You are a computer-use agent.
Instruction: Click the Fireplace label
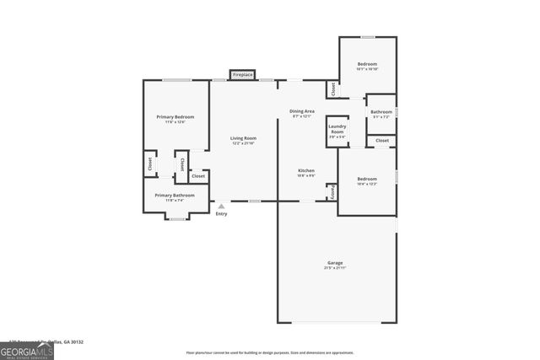point(243,75)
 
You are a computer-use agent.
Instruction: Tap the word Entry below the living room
point(221,214)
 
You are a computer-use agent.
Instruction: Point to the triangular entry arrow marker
point(221,206)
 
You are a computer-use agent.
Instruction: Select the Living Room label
point(244,138)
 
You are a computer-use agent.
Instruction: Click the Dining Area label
point(302,111)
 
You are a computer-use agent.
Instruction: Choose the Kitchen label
point(305,171)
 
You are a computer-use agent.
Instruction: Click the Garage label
point(335,263)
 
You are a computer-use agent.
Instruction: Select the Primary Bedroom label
point(175,116)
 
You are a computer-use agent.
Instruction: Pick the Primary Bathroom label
point(175,195)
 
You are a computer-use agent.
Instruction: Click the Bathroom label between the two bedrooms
point(381,111)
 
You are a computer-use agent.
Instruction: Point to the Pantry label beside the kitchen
point(333,192)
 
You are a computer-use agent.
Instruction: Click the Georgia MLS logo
point(27,348)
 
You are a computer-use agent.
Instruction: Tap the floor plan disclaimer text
point(269,352)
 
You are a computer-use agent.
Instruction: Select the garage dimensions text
point(335,268)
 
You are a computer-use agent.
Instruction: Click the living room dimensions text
point(244,143)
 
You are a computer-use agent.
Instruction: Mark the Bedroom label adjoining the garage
point(366,178)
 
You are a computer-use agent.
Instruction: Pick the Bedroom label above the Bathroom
point(366,64)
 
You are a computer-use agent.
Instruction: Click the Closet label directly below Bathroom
point(382,140)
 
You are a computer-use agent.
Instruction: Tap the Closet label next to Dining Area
point(333,88)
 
